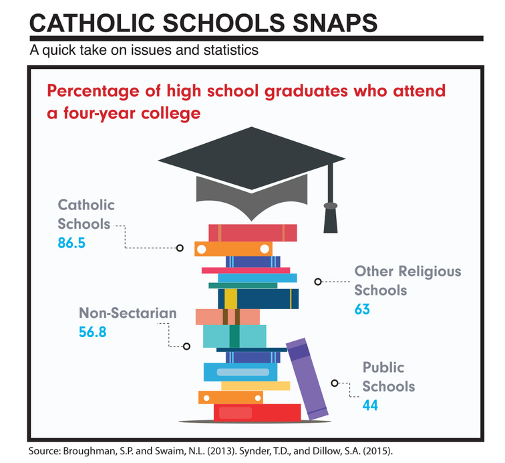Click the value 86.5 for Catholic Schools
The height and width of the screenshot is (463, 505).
[71, 243]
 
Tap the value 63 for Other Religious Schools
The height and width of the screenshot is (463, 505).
[362, 309]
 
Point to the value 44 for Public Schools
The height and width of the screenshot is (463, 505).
[371, 405]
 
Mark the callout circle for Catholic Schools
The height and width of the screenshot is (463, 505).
[179, 248]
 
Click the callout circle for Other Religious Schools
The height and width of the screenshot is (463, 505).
[318, 282]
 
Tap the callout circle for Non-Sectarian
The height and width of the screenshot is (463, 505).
[186, 346]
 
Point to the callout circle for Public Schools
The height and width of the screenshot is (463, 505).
[335, 383]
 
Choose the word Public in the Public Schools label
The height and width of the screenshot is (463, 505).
[383, 367]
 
